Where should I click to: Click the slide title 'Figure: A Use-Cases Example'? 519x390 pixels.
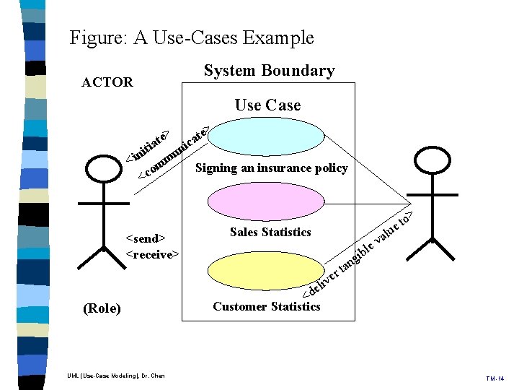click(192, 38)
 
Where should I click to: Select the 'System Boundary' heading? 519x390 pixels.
click(269, 71)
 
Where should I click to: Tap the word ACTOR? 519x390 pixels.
click(107, 82)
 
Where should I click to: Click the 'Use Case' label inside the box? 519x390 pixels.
click(267, 105)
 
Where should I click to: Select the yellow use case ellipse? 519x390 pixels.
click(252, 272)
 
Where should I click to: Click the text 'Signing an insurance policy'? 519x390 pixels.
click(272, 168)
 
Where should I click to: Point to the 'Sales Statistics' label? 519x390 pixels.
click(270, 233)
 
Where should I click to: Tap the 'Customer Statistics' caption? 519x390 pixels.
click(267, 306)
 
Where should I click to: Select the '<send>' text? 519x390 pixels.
click(146, 238)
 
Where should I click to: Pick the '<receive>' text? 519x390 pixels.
click(153, 254)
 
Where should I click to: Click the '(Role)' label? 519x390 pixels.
click(102, 309)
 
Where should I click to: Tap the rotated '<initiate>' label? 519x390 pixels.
click(148, 147)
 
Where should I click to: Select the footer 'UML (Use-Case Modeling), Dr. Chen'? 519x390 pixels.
click(116, 376)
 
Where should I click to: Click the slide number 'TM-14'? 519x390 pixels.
click(496, 378)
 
